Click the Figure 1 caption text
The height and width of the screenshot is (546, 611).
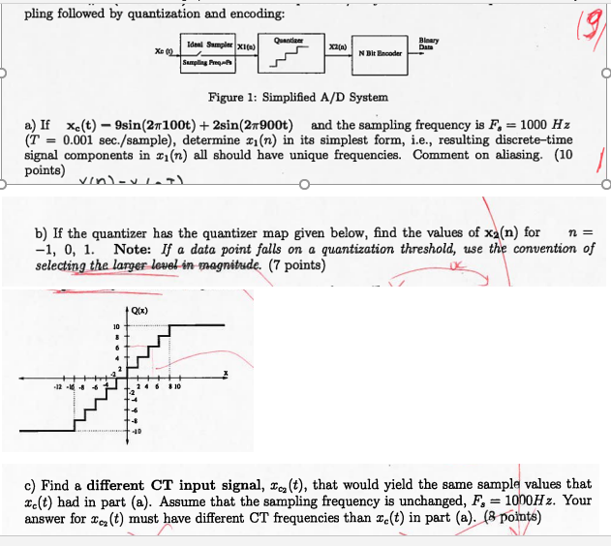coord(298,98)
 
